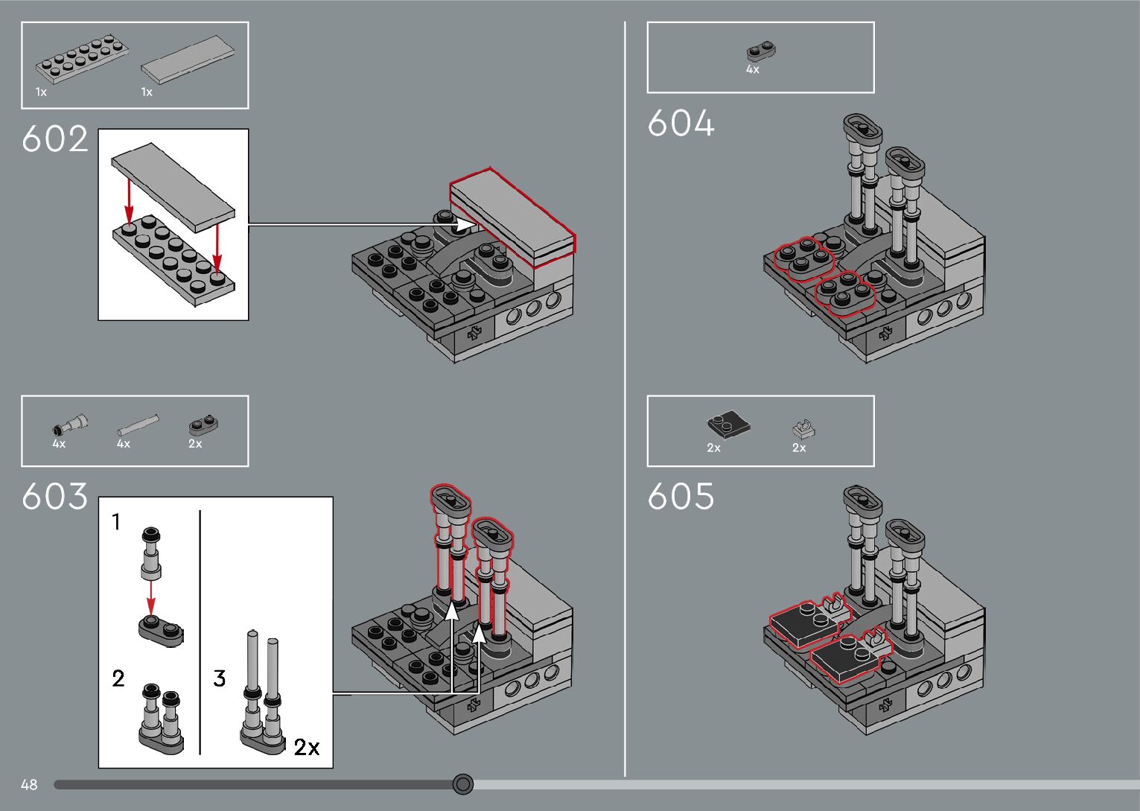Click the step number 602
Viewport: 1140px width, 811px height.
(x=55, y=139)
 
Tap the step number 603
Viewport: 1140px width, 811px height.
(x=55, y=497)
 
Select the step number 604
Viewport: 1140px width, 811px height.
(x=681, y=124)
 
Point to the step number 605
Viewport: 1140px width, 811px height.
(x=681, y=497)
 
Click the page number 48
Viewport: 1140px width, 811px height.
(x=29, y=784)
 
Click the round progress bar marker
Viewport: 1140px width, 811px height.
(x=463, y=783)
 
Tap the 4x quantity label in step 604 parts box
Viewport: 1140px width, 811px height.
(x=753, y=69)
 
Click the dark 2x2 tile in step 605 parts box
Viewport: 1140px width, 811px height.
(x=727, y=424)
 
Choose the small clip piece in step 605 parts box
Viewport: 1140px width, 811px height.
(x=803, y=430)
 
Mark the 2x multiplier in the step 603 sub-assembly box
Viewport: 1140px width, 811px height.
(x=307, y=747)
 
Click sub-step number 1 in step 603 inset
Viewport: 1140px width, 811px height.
(x=116, y=522)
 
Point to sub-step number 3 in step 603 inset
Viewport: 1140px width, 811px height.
(x=220, y=678)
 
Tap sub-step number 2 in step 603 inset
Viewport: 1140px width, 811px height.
(x=118, y=678)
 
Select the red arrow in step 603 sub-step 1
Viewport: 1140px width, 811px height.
(x=150, y=597)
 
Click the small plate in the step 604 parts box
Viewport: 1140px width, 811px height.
(x=761, y=51)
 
